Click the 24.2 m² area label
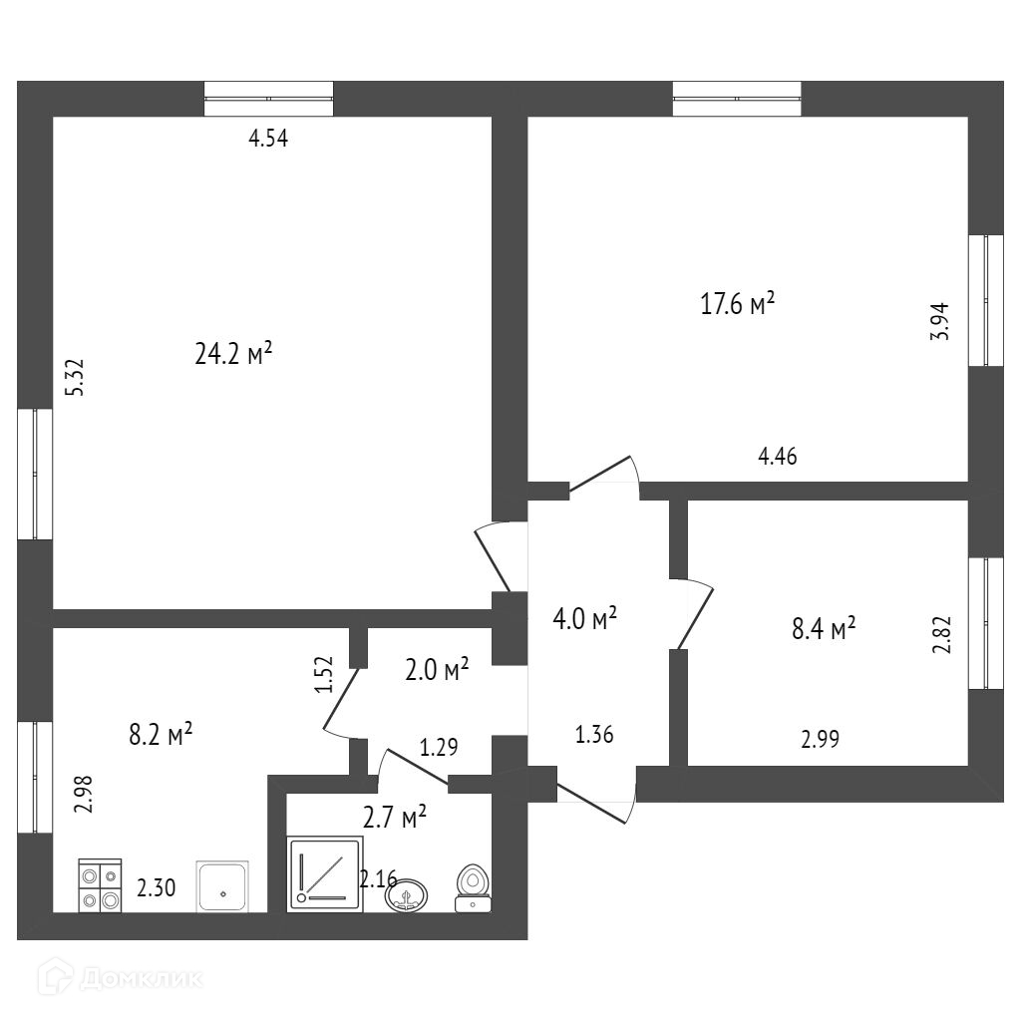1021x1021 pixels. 233,353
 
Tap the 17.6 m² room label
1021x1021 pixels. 738,303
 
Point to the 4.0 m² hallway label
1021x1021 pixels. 584,618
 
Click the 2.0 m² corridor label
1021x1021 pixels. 436,670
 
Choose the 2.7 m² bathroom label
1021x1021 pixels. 394,818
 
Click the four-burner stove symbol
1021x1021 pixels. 100,885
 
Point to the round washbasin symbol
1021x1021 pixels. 407,894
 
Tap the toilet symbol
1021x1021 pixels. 472,888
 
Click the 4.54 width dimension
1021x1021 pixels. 268,140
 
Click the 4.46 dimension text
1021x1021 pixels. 778,457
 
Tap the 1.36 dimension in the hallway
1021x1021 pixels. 594,736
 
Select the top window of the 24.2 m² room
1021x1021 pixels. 268,99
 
